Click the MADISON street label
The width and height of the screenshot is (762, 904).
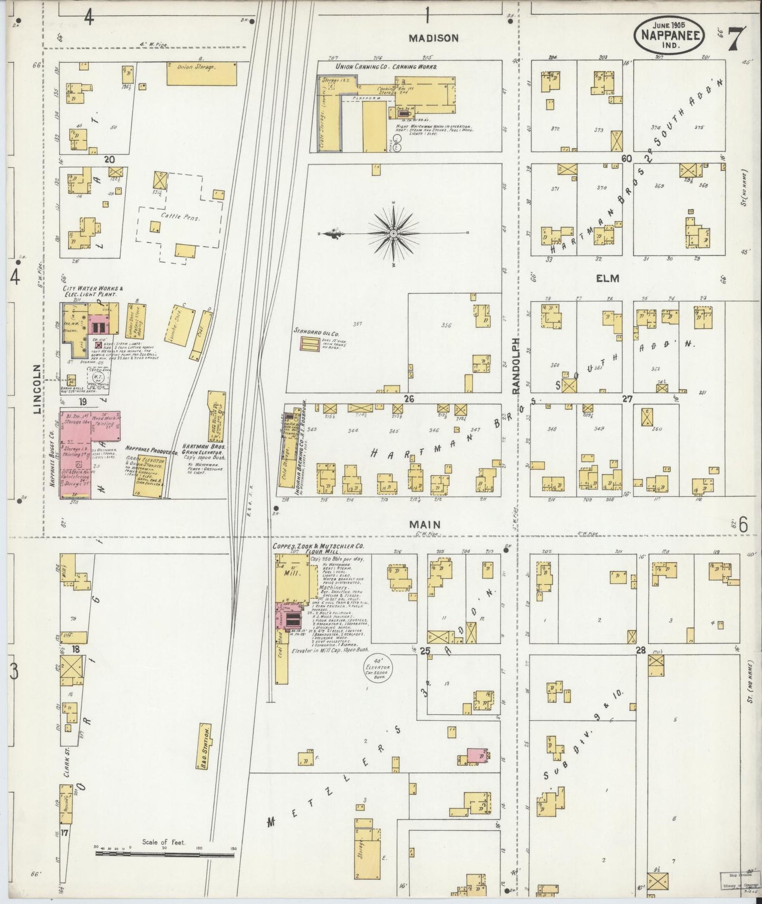pyautogui.click(x=440, y=38)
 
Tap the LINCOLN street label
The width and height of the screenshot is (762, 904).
pyautogui.click(x=37, y=389)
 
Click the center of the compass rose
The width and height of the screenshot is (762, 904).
pyautogui.click(x=393, y=233)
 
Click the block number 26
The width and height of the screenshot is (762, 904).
pyautogui.click(x=408, y=399)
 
